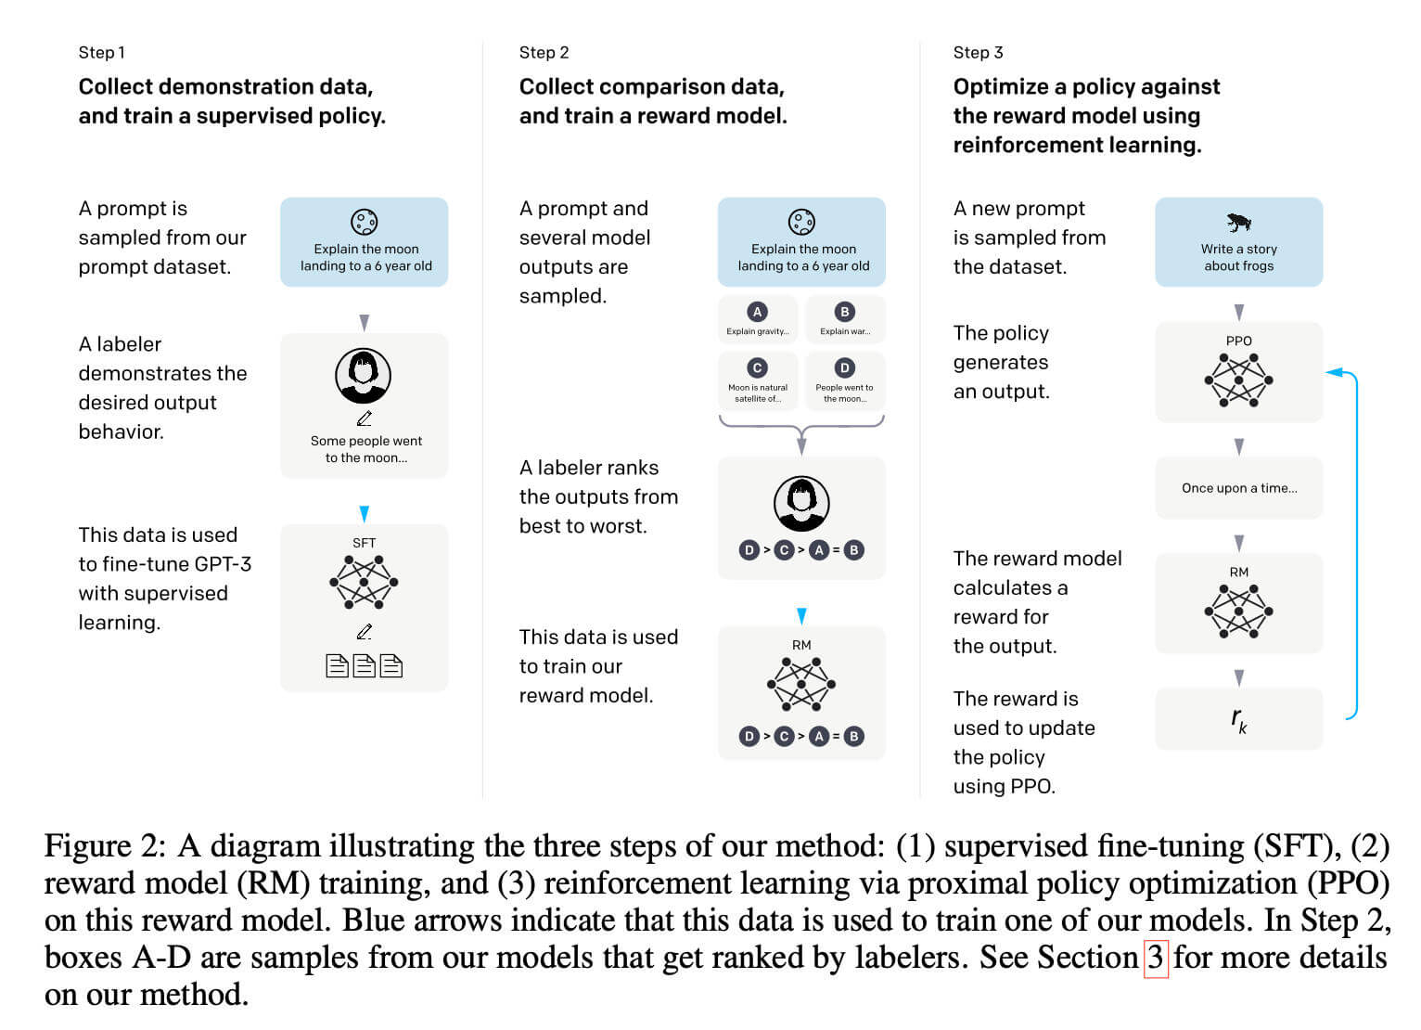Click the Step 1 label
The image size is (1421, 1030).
pyautogui.click(x=101, y=53)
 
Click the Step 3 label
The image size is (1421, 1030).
pyautogui.click(x=978, y=53)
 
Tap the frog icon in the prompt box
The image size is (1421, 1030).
pyautogui.click(x=1238, y=223)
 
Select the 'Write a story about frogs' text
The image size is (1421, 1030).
pyautogui.click(x=1238, y=257)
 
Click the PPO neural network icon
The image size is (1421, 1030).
pyautogui.click(x=1238, y=380)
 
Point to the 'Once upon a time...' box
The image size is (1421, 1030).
pyautogui.click(x=1238, y=488)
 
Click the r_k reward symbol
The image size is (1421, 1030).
pyautogui.click(x=1238, y=719)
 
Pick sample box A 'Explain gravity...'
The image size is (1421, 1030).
pyautogui.click(x=758, y=320)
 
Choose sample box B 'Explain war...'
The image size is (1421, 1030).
pyautogui.click(x=844, y=320)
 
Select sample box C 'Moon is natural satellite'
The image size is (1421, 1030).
pyautogui.click(x=758, y=380)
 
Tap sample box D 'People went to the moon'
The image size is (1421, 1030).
pyautogui.click(x=844, y=380)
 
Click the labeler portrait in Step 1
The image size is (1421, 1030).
pyautogui.click(x=363, y=376)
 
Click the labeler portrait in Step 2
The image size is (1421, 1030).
pyautogui.click(x=801, y=503)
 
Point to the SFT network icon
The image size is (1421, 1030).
pyautogui.click(x=364, y=582)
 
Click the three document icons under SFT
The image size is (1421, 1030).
pyautogui.click(x=364, y=665)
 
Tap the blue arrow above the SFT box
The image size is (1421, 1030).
pyautogui.click(x=364, y=514)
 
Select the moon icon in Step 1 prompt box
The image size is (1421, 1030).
pyautogui.click(x=364, y=222)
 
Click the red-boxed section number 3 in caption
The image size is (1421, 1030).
pyautogui.click(x=1155, y=958)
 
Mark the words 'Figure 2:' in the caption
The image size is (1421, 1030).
pyautogui.click(x=105, y=846)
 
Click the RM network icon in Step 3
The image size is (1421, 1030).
pyautogui.click(x=1238, y=611)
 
